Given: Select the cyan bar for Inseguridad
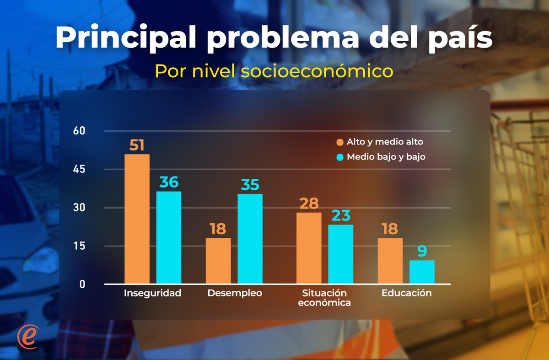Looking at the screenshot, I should pyautogui.click(x=169, y=237).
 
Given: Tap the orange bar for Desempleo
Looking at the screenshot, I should pyautogui.click(x=218, y=261).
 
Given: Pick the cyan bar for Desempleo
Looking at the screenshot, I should pyautogui.click(x=250, y=239).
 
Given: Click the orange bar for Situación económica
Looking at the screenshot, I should pyautogui.click(x=309, y=248).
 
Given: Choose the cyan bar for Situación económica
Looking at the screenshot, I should pyautogui.click(x=341, y=254).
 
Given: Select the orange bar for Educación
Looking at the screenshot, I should pyautogui.click(x=390, y=261).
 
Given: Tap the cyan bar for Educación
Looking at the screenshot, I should pyautogui.click(x=422, y=272).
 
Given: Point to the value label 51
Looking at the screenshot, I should pyautogui.click(x=137, y=145).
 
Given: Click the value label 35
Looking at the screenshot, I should pyautogui.click(x=250, y=185).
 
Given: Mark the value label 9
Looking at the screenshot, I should pyautogui.click(x=422, y=251).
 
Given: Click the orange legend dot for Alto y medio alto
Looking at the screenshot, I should pyautogui.click(x=340, y=142).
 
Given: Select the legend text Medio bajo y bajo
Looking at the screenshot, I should pyautogui.click(x=386, y=157).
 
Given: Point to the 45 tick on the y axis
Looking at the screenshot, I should pyautogui.click(x=79, y=169).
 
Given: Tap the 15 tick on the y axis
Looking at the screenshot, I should pyautogui.click(x=79, y=246).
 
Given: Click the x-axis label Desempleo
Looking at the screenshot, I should pyautogui.click(x=235, y=293).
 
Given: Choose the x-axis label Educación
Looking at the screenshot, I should pyautogui.click(x=406, y=293).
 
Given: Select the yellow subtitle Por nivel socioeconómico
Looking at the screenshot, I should pyautogui.click(x=274, y=71).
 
